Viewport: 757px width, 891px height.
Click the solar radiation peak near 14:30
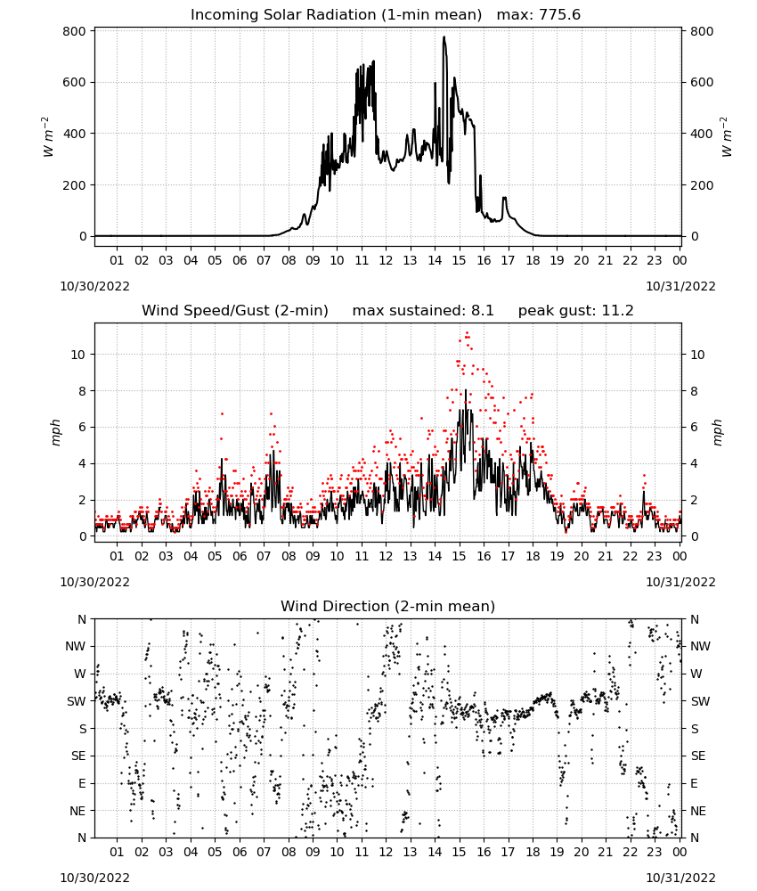point(444,37)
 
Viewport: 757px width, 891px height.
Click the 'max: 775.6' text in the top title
point(539,15)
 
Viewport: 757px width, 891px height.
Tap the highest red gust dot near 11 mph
point(467,332)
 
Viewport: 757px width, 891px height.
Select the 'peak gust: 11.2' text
point(575,311)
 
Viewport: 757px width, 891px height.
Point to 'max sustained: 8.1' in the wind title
point(423,311)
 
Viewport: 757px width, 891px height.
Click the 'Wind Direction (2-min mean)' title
point(388,606)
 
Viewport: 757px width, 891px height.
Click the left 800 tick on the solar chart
point(75,31)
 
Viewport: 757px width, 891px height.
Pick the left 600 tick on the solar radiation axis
point(75,82)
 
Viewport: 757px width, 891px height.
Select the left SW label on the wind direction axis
point(77,701)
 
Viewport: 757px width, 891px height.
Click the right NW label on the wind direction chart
point(700,646)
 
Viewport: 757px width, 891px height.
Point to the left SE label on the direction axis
point(78,756)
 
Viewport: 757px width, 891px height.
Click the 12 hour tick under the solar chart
point(386,260)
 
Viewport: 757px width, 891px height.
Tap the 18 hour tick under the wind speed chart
point(532,556)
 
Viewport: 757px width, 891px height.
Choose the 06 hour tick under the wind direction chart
point(239,852)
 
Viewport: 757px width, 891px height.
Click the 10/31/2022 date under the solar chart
point(680,286)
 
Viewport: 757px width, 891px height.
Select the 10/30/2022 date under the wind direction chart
point(94,878)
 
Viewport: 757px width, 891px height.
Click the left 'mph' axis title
point(55,433)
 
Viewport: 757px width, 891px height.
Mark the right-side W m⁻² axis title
point(727,137)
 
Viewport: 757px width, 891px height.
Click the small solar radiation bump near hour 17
point(504,199)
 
